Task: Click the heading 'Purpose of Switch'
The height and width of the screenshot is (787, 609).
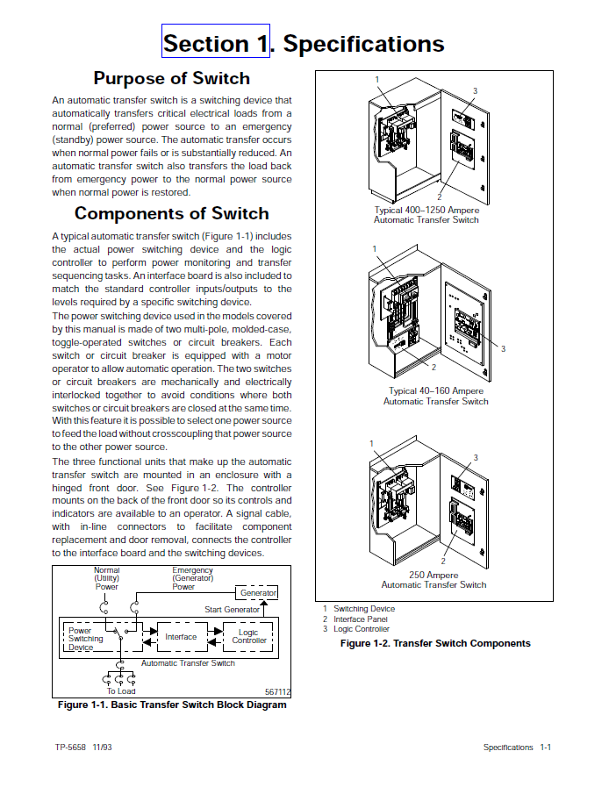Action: click(x=171, y=78)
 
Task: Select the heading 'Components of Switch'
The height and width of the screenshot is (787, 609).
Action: click(x=171, y=213)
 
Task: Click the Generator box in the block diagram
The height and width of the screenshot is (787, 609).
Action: click(x=258, y=593)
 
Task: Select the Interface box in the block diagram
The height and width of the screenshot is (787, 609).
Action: click(x=181, y=637)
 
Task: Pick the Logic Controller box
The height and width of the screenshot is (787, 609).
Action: click(x=249, y=636)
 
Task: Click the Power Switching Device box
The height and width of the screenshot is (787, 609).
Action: click(x=87, y=639)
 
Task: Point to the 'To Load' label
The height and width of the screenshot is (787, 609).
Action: click(x=120, y=691)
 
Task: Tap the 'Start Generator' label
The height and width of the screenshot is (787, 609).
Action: click(x=232, y=610)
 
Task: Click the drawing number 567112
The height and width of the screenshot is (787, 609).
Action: click(x=277, y=691)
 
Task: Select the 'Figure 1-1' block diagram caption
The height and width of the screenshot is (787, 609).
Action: click(x=171, y=705)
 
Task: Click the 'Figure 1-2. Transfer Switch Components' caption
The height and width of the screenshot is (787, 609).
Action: click(x=435, y=643)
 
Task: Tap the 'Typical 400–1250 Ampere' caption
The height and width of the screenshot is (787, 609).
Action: click(x=426, y=211)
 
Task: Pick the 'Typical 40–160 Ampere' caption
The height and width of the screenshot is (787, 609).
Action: click(x=435, y=391)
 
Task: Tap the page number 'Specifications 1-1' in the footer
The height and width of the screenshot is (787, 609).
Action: click(x=517, y=748)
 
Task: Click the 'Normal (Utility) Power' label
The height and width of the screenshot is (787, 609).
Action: click(x=106, y=578)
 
